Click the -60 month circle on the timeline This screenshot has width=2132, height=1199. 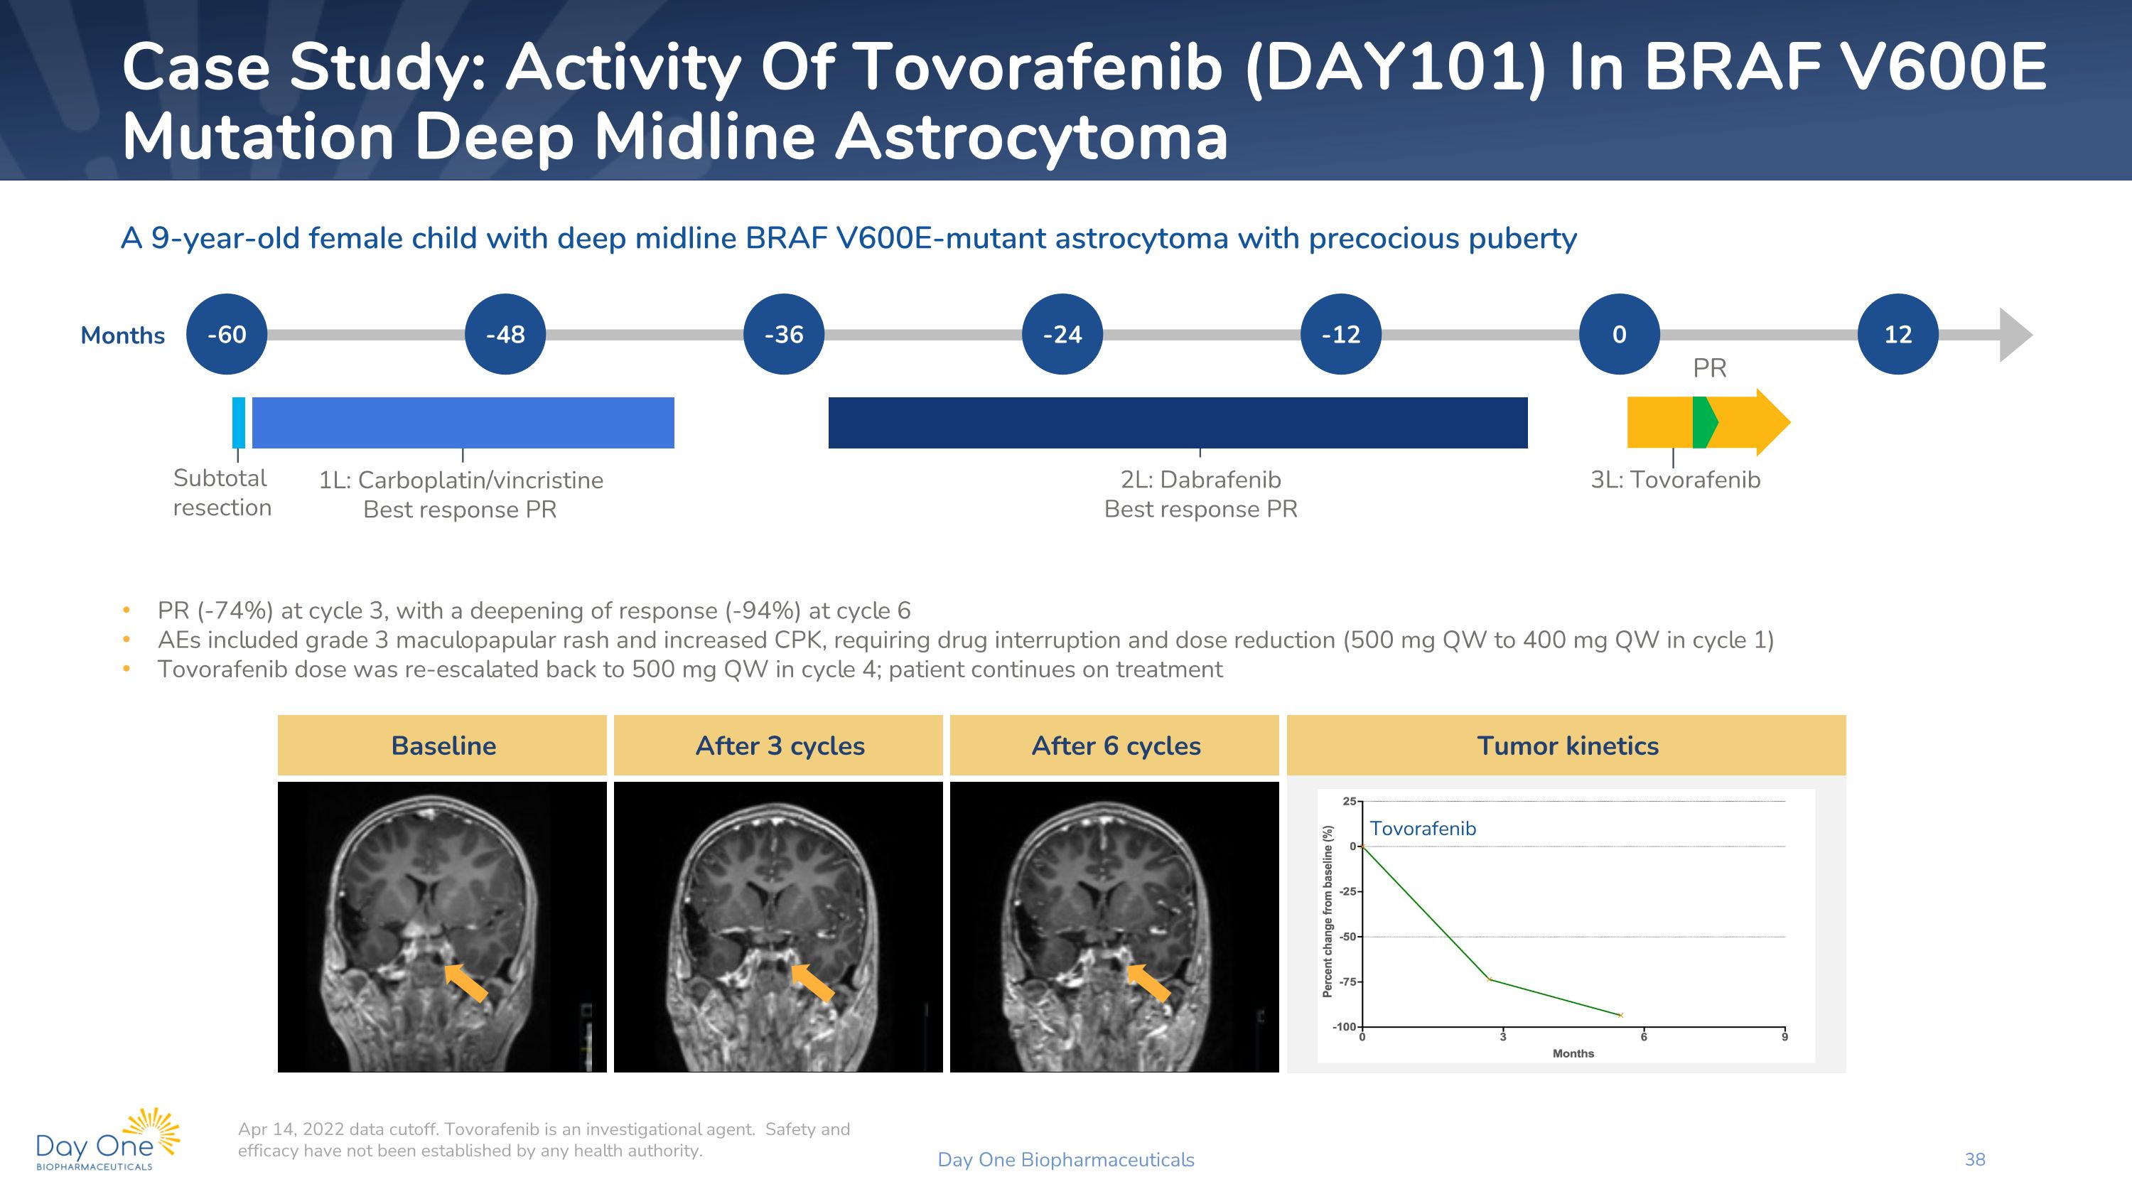[227, 334]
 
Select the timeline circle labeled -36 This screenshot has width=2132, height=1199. [784, 334]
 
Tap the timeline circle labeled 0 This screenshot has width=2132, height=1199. [1620, 334]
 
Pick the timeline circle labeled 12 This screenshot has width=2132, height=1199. [1897, 334]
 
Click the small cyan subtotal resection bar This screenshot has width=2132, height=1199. [238, 423]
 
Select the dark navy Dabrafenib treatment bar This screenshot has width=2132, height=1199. [1178, 423]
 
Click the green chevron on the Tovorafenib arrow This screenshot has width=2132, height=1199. [1705, 423]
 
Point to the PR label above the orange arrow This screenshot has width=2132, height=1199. [1710, 368]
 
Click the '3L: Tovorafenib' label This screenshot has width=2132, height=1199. [1675, 480]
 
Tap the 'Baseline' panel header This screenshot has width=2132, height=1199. [443, 746]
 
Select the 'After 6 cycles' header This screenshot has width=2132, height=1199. [1115, 746]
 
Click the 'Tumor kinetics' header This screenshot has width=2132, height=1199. [1567, 746]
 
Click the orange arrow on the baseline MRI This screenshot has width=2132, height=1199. [466, 982]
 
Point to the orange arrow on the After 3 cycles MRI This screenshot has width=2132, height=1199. [812, 982]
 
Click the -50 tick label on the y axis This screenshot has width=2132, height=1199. [1348, 937]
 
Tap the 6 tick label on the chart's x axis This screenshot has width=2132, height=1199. [1644, 1037]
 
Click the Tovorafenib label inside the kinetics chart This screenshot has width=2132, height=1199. [1423, 828]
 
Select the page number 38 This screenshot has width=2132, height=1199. [1975, 1159]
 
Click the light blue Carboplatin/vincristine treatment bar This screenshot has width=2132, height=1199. [463, 423]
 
